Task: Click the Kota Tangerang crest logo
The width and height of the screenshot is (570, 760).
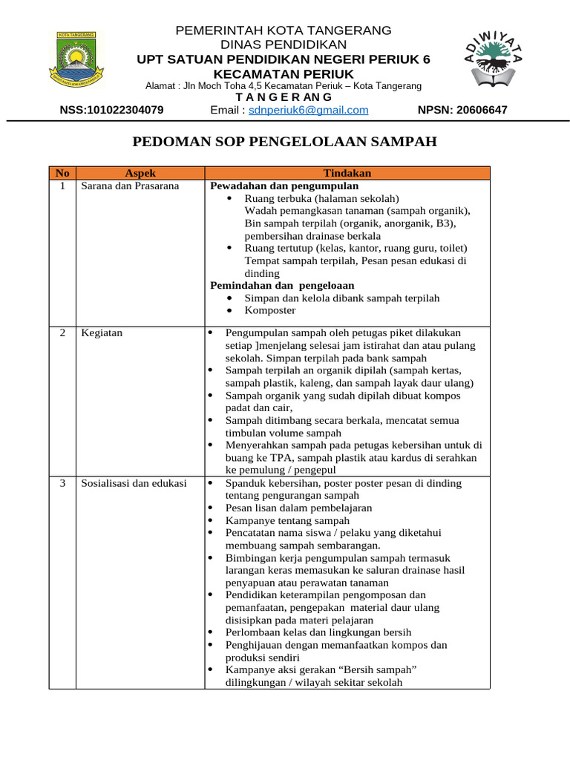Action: [76, 58]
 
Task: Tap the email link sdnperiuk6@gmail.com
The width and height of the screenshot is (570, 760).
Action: [308, 110]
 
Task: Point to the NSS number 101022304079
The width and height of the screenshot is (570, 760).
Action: [111, 110]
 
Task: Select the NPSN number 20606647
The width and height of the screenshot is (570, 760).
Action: [462, 110]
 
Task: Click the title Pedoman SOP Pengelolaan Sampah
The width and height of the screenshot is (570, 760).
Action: [284, 142]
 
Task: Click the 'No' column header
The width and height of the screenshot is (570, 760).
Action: [62, 173]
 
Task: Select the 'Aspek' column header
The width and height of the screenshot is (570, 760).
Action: [140, 173]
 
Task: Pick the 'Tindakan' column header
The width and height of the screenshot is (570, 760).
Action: [347, 173]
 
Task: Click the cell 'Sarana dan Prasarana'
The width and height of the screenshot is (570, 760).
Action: [130, 186]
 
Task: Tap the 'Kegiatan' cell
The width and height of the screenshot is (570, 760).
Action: [102, 332]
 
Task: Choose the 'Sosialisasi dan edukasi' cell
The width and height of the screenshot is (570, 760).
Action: [134, 483]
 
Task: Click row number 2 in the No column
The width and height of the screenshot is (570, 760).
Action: [62, 332]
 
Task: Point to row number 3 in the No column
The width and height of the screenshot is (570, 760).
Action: [62, 483]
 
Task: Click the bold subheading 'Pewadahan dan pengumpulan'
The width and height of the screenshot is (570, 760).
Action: [284, 186]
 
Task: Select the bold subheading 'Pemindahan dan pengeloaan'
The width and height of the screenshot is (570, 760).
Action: [282, 285]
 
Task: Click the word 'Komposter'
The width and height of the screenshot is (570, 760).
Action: [270, 310]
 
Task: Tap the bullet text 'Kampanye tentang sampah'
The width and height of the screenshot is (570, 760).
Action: [287, 520]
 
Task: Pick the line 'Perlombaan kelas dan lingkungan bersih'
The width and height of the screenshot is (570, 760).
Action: [318, 632]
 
